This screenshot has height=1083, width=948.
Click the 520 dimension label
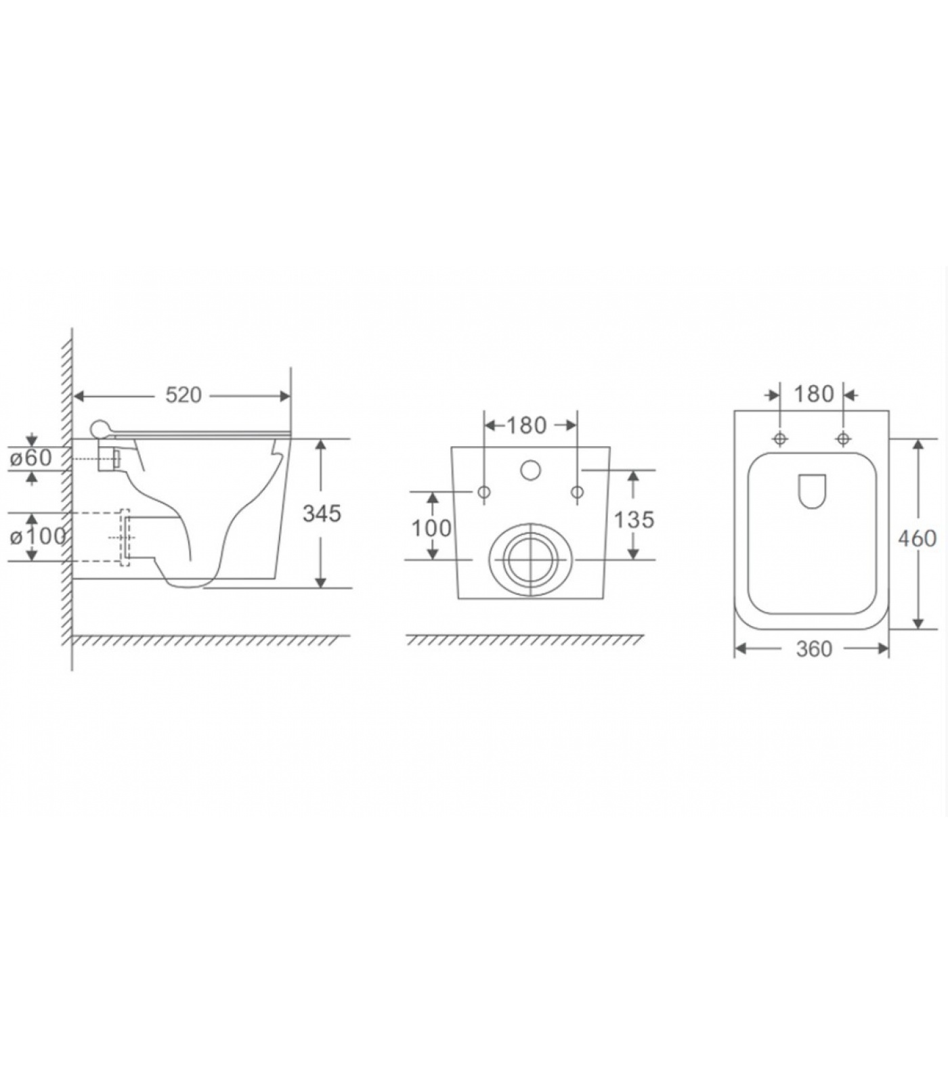184,395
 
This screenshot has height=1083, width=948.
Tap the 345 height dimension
322,514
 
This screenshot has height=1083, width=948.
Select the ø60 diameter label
31,458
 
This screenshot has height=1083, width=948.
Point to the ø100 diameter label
38,536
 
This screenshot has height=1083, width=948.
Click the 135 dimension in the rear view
634,520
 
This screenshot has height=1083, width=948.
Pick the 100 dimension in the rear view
431,528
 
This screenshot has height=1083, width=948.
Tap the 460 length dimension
918,539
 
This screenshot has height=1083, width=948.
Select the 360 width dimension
814,649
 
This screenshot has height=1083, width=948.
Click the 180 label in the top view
814,394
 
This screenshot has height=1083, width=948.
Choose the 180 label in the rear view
526,425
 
